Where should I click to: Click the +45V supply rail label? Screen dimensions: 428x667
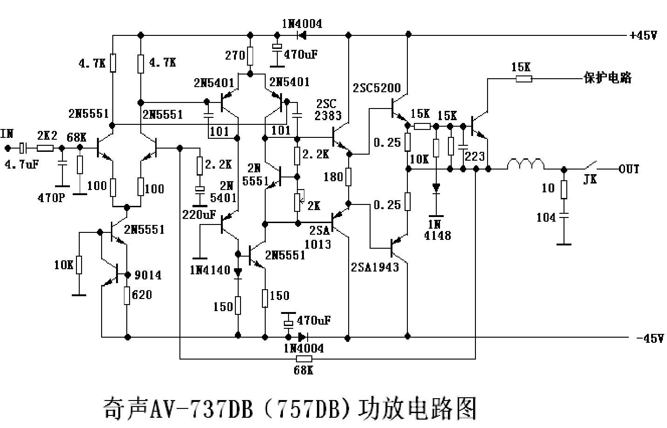point(643,35)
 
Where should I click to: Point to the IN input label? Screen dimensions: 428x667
point(7,134)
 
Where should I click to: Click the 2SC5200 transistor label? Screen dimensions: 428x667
point(377,88)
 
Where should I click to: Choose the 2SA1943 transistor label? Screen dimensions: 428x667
point(375,267)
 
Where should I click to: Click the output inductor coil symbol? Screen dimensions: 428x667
point(525,164)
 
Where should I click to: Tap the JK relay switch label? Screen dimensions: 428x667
point(590,179)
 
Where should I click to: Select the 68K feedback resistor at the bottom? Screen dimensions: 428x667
point(304,359)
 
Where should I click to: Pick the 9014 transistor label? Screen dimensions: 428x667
point(148,275)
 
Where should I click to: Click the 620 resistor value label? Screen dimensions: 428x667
point(142,295)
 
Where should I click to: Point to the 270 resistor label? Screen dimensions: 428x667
point(235,55)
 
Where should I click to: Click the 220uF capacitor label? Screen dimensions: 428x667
point(199,215)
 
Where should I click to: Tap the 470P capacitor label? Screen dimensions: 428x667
point(51,197)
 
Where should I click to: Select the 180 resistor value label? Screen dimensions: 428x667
point(333,177)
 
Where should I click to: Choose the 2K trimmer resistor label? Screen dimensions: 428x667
point(314,205)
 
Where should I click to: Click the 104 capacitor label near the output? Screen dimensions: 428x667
point(546,217)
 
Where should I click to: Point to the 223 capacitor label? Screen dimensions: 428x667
point(474,156)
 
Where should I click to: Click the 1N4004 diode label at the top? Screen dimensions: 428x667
point(302,24)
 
